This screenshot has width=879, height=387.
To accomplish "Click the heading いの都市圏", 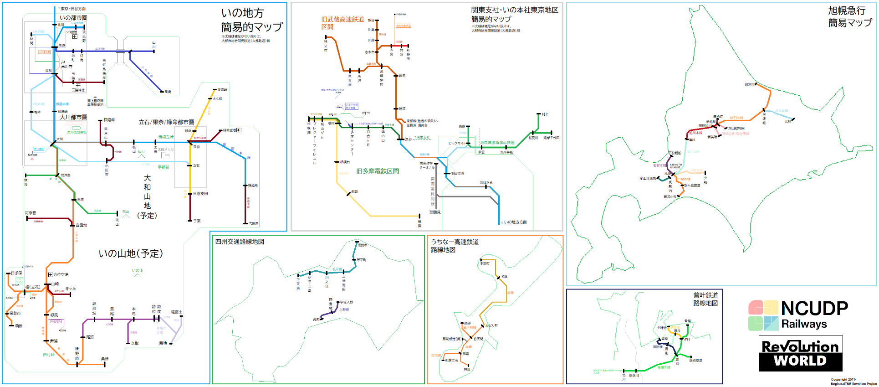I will [73, 18].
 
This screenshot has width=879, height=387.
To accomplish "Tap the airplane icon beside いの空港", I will [75, 36].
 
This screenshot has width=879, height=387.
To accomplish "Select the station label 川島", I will [168, 92].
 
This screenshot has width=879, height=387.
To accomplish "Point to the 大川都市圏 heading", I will [73, 117].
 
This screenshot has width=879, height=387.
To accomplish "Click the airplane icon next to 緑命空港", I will [239, 130].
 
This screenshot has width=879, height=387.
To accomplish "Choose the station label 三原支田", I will [200, 194].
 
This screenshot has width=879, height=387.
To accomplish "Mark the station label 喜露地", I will [81, 225].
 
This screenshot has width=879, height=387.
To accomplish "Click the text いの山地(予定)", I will [131, 253].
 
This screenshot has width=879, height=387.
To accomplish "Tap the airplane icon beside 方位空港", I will [51, 274].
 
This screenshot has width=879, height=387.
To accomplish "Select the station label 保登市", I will [15, 314].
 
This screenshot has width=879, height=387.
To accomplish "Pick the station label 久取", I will [135, 343].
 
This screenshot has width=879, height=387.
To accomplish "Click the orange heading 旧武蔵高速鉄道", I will [342, 20].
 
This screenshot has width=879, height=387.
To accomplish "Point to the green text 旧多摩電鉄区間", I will [378, 171].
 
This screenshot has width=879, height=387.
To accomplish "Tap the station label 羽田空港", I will [457, 174].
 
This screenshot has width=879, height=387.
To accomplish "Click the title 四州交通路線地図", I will [240, 242].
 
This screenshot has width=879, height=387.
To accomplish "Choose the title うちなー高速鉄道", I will [455, 242].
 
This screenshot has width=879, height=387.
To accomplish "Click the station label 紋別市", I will [750, 84].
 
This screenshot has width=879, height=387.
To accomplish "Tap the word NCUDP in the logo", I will [814, 309].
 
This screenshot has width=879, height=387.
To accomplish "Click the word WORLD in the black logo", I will [800, 361].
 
